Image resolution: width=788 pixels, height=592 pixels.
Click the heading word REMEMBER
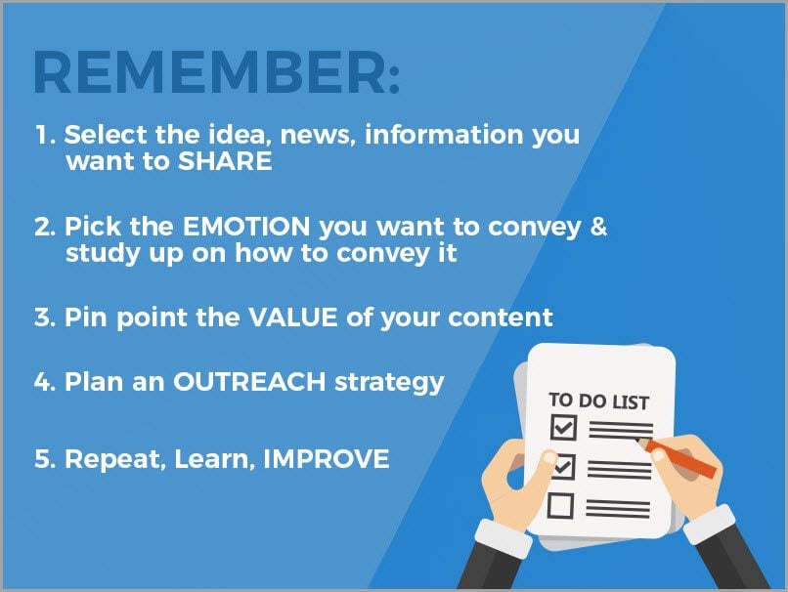click(x=209, y=72)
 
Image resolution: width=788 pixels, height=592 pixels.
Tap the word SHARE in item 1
click(x=225, y=161)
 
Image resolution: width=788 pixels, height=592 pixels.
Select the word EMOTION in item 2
click(x=246, y=227)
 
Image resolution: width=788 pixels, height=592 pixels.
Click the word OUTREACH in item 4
click(x=249, y=382)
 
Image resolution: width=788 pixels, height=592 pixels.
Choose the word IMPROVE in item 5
click(x=327, y=459)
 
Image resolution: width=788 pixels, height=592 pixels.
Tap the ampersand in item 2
click(x=598, y=227)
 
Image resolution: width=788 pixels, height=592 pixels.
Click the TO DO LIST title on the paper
click(x=598, y=402)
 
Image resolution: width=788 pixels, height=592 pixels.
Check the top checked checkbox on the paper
click(x=563, y=427)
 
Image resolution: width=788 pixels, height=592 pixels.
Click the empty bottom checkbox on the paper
click(x=560, y=506)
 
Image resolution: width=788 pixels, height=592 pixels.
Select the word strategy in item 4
click(x=389, y=384)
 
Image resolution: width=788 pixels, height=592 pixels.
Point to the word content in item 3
click(x=500, y=317)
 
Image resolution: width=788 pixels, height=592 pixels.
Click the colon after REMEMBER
click(x=394, y=79)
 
